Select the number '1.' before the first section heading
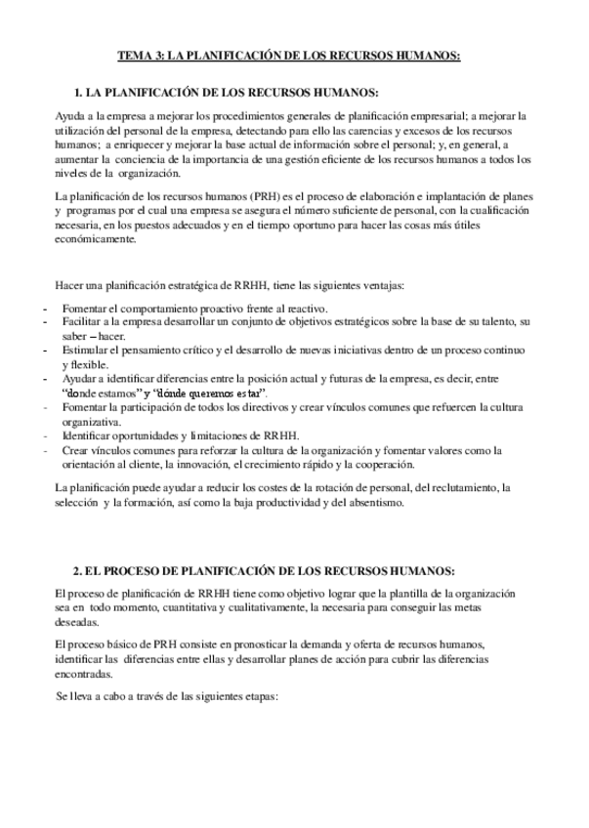[x=79, y=93]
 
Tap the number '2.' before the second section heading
[x=79, y=570]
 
